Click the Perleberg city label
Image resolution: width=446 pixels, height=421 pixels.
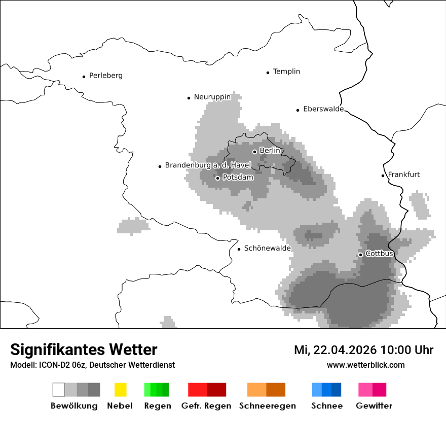105,76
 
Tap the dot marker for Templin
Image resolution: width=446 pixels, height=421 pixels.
268,73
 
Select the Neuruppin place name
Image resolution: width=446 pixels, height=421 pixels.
212,97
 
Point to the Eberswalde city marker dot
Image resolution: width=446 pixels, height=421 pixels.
298,110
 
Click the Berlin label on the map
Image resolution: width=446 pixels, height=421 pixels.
270,151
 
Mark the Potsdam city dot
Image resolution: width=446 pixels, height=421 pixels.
217,178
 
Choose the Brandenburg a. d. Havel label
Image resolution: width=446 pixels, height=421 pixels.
208,165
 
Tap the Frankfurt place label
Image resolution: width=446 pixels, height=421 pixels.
403,174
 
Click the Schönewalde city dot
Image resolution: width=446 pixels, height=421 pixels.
239,249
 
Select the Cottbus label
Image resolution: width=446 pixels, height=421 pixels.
379,254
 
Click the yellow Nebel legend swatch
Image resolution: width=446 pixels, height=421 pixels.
120,390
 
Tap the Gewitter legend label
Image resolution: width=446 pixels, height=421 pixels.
374,406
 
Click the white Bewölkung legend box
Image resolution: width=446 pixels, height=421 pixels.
59,390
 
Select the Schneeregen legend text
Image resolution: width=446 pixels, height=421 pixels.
267,406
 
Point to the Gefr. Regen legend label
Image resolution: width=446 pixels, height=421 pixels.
206,406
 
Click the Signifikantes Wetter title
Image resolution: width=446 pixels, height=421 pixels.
84,349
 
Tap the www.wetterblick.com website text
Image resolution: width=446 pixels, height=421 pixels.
365,365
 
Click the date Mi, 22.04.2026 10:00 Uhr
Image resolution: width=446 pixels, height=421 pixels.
363,350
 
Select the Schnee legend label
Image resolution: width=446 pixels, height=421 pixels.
326,406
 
